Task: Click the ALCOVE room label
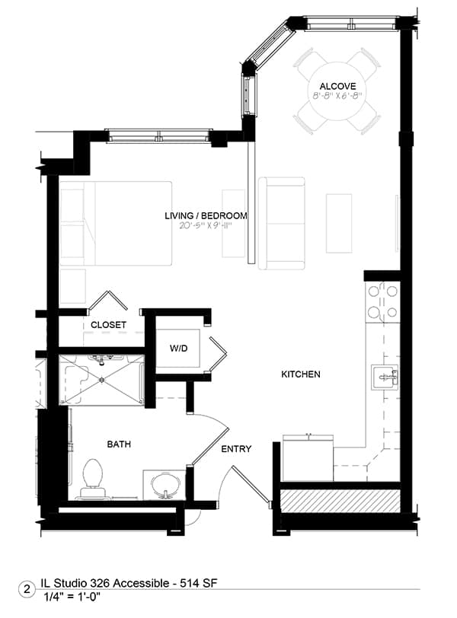pyautogui.click(x=337, y=86)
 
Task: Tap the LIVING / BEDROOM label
pyautogui.click(x=206, y=215)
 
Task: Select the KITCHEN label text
pyautogui.click(x=300, y=374)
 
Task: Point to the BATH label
pyautogui.click(x=119, y=444)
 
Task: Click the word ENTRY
pyautogui.click(x=236, y=449)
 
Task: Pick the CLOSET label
pyautogui.click(x=108, y=325)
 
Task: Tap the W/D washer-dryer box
pyautogui.click(x=178, y=348)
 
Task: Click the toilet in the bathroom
pyautogui.click(x=93, y=478)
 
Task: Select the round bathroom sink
pyautogui.click(x=165, y=484)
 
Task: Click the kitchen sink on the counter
pyautogui.click(x=385, y=377)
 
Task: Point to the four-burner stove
pyautogui.click(x=382, y=302)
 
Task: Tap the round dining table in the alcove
pyautogui.click(x=337, y=91)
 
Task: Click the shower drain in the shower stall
pyautogui.click(x=102, y=380)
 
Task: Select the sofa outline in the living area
pyautogui.click(x=282, y=223)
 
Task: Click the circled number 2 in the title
pyautogui.click(x=27, y=590)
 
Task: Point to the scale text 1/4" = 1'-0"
pyautogui.click(x=72, y=597)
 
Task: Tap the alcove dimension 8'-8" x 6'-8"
pyautogui.click(x=337, y=95)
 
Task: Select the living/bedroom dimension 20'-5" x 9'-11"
pyautogui.click(x=205, y=225)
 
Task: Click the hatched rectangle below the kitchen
pyautogui.click(x=340, y=501)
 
